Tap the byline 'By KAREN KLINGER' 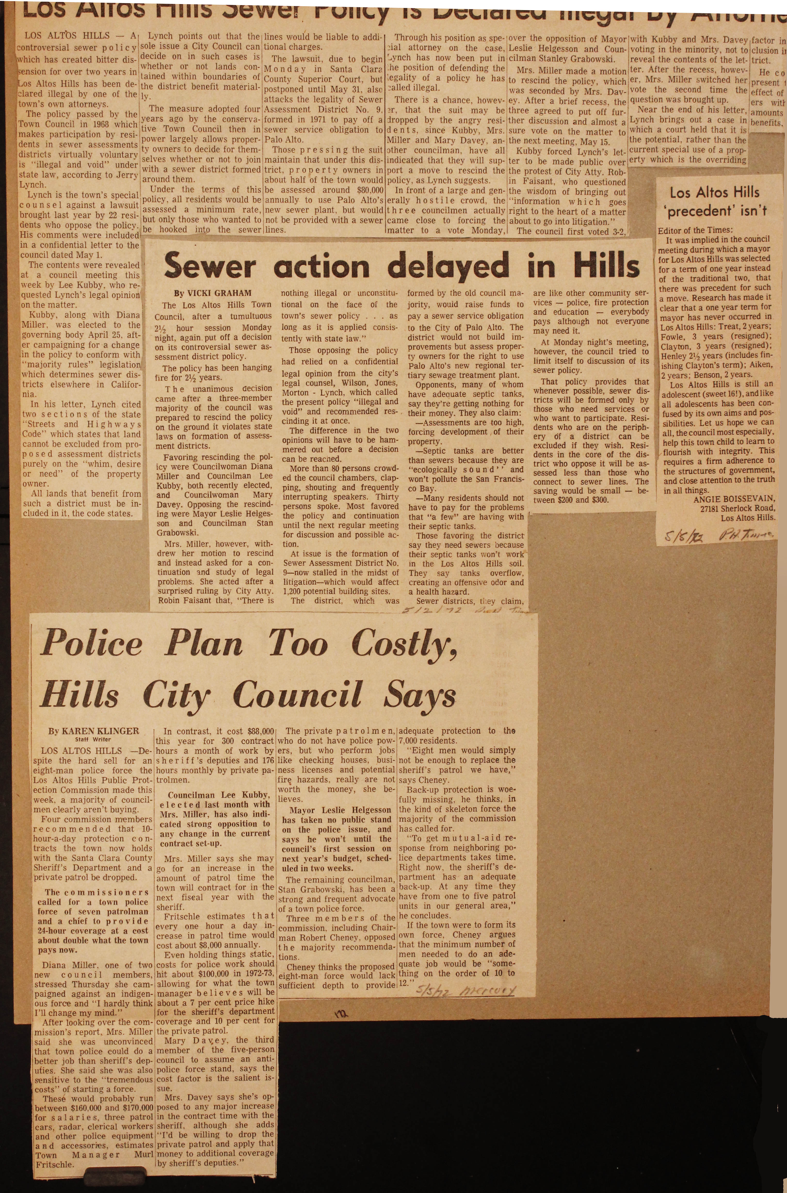(93, 731)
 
